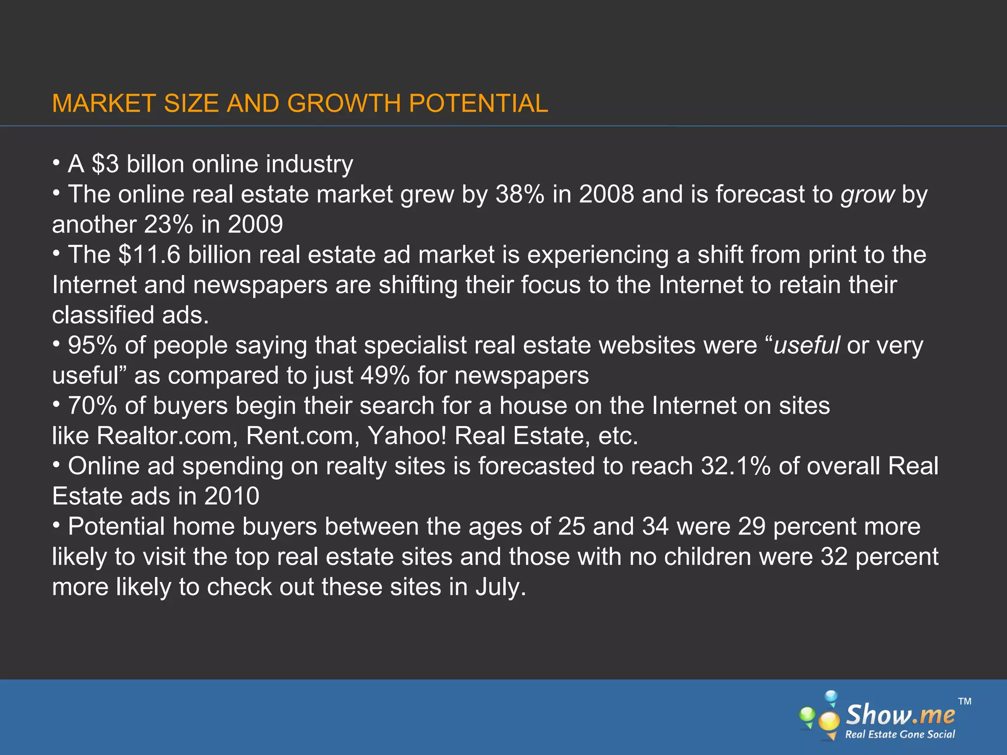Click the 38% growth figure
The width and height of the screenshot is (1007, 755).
coord(520,194)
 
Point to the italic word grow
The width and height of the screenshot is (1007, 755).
coord(867,195)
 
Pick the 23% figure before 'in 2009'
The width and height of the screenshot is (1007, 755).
coord(169,225)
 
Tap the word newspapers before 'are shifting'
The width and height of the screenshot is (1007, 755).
coord(260,285)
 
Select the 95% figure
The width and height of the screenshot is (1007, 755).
coord(92,345)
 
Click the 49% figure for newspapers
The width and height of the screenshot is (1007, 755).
coord(385,376)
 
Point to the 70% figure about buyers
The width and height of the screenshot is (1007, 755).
coord(92,406)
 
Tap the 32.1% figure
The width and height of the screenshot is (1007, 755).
coord(736,466)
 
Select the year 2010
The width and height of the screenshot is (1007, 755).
coord(232,496)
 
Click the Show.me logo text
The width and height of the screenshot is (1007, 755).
coord(900,715)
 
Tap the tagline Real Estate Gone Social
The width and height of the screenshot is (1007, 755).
coord(900,734)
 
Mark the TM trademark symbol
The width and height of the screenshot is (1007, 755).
coord(965,701)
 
